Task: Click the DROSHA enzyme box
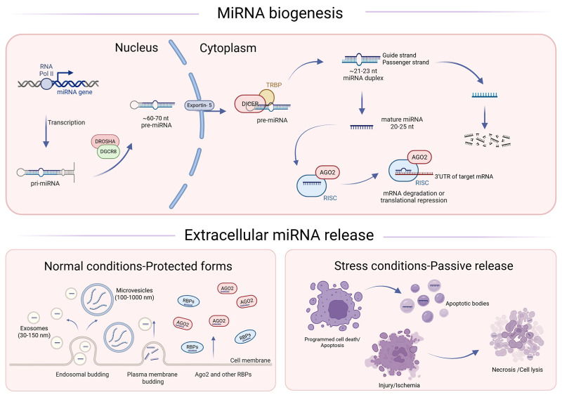(x=105, y=141)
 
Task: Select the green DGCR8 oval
(x=108, y=152)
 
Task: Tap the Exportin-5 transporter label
(x=200, y=105)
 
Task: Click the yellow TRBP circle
(x=267, y=97)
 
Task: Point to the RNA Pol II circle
(x=46, y=84)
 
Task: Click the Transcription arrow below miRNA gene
(x=46, y=131)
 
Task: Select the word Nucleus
(x=136, y=48)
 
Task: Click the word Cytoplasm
(x=228, y=48)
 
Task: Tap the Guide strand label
(x=399, y=56)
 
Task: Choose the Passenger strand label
(x=406, y=63)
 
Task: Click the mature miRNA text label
(x=402, y=119)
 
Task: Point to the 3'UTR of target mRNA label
(x=464, y=176)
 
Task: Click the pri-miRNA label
(x=45, y=183)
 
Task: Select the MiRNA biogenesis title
(x=280, y=13)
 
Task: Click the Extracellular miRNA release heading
(x=279, y=235)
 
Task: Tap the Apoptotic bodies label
(x=467, y=304)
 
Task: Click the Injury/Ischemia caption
(x=399, y=386)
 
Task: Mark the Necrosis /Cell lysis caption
(x=517, y=370)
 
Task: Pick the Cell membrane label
(x=250, y=360)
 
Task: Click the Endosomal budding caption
(x=82, y=375)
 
